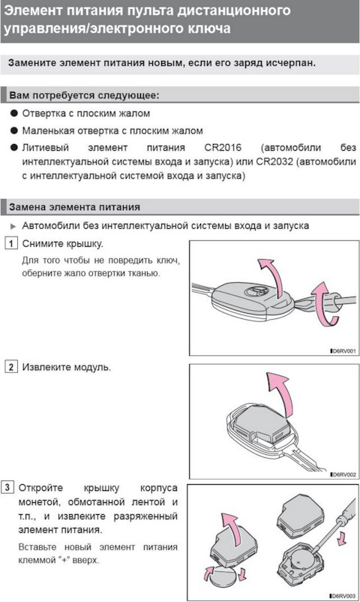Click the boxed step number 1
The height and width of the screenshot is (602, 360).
click(x=10, y=244)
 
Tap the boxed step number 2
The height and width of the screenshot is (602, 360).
click(x=10, y=367)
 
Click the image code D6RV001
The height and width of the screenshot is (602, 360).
click(x=343, y=351)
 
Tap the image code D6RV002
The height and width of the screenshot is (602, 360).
click(x=343, y=474)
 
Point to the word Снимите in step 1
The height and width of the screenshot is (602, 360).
click(x=44, y=244)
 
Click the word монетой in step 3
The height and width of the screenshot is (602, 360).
click(x=46, y=502)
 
